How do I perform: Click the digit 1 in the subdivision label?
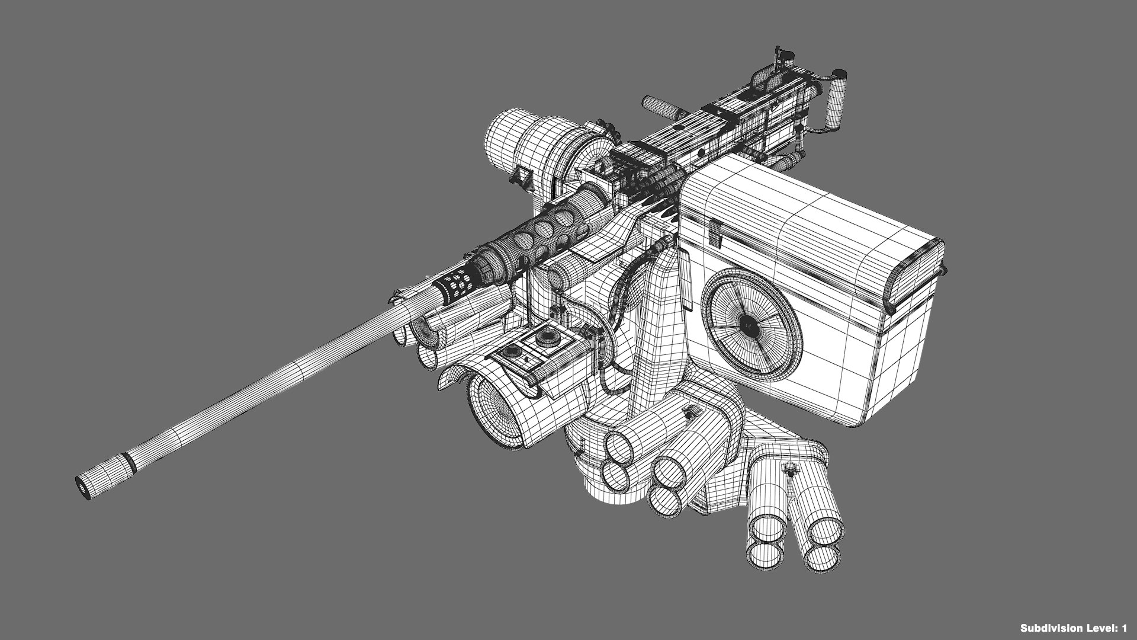[1123, 628]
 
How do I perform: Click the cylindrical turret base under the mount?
[592, 474]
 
